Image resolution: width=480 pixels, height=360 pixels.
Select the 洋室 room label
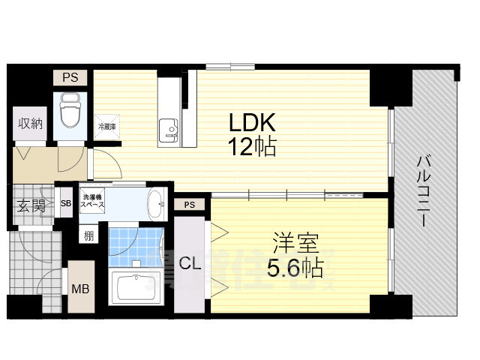point(297,244)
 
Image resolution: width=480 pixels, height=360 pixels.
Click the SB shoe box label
point(66,203)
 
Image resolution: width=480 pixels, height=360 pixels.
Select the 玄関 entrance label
point(31,205)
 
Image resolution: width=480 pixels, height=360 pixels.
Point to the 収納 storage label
point(30,124)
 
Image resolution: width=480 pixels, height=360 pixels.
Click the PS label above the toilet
point(69,76)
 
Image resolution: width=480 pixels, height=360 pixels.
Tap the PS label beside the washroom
point(188,204)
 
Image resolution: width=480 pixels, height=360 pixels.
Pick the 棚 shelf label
point(89,236)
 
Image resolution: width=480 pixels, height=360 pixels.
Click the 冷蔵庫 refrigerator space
point(106,127)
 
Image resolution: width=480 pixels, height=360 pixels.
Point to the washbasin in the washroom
point(154,202)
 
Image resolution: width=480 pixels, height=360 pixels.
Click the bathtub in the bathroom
point(136,287)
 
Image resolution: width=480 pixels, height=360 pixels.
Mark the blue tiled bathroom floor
point(135,244)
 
